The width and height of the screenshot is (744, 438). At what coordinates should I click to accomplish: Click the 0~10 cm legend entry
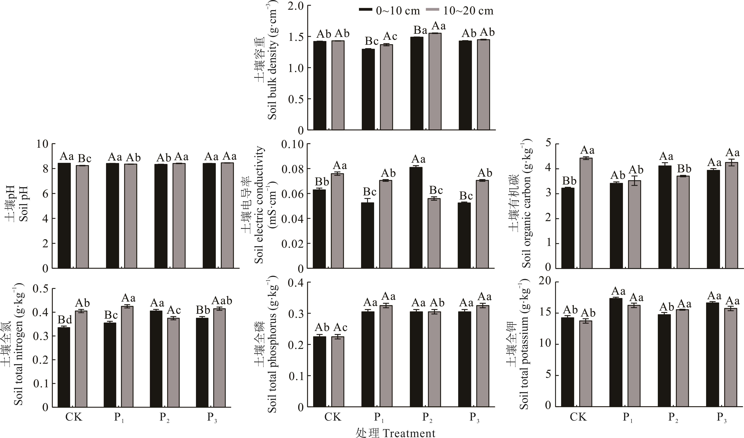389,11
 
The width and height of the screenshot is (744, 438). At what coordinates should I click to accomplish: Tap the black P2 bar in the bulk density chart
417,83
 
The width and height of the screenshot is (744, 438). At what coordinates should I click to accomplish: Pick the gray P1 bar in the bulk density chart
386,87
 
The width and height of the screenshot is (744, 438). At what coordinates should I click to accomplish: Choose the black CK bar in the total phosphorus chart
319,372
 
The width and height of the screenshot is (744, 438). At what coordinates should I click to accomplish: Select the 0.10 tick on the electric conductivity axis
292,144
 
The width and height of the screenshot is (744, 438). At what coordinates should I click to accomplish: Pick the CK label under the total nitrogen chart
74,417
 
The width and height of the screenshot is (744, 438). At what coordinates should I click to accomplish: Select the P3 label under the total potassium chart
722,417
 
